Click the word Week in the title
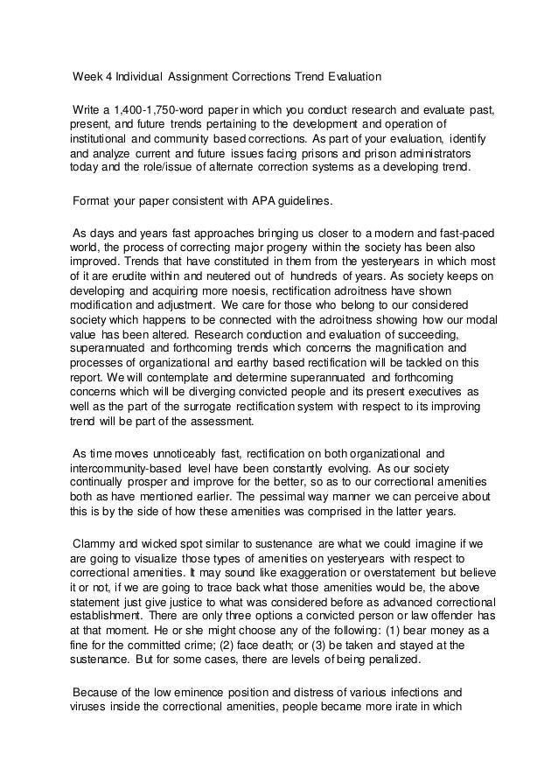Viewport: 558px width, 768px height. click(87, 77)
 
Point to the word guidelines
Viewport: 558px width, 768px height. click(302, 201)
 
